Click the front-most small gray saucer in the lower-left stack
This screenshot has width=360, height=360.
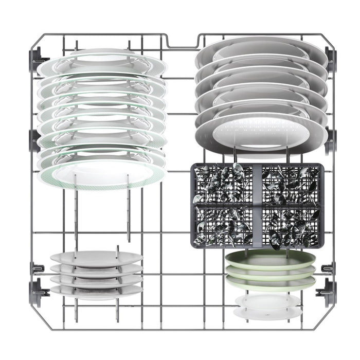96,291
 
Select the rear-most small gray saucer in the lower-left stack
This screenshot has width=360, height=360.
96,256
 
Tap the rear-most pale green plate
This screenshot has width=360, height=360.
269,258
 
